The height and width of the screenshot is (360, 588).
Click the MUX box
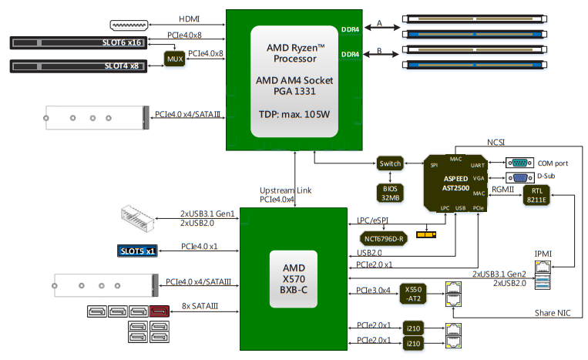[175, 59]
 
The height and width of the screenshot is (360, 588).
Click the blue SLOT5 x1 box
[138, 251]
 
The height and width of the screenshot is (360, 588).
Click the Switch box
[391, 163]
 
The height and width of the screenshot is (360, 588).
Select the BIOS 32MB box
[391, 192]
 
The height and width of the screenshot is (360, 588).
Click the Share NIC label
[552, 313]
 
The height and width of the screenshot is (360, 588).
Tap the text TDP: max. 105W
[294, 115]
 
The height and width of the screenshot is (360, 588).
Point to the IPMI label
[544, 253]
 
